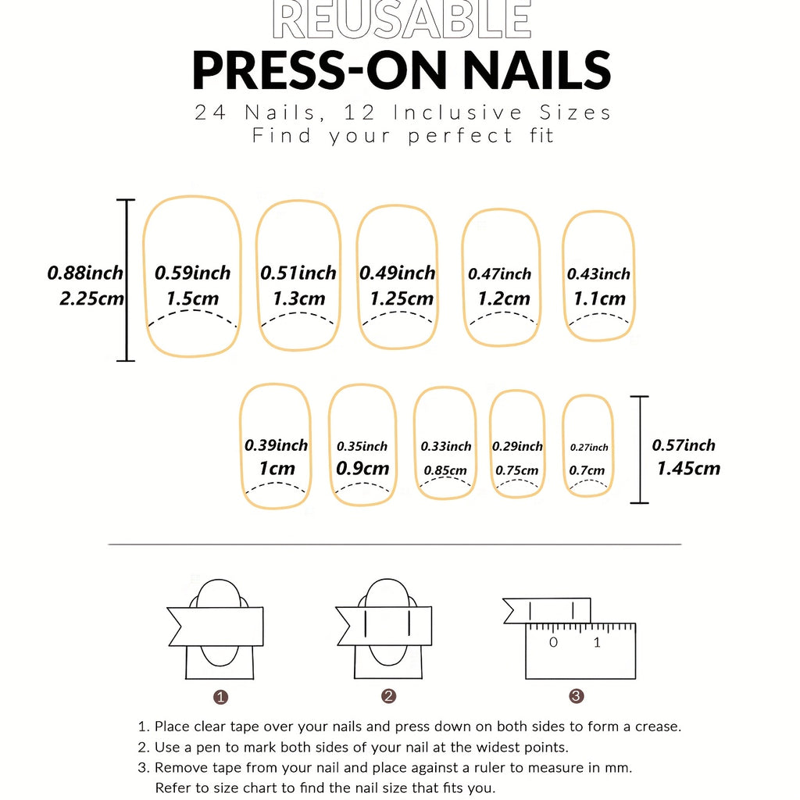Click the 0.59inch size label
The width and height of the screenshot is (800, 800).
point(192,273)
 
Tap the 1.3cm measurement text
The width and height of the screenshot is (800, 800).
point(299,298)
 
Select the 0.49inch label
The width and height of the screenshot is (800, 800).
point(397,273)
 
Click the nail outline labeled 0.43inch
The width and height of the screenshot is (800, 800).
point(598,234)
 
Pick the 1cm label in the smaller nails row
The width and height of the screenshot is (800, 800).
point(277,469)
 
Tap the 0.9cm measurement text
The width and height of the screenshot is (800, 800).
point(362,469)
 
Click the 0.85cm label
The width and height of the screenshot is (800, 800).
point(445,470)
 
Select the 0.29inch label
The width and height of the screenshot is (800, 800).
point(517,447)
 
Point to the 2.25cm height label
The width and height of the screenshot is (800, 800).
point(91,298)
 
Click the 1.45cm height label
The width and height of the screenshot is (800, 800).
point(688,469)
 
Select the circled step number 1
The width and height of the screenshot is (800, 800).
point(221,696)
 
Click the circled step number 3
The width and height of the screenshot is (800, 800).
point(577,696)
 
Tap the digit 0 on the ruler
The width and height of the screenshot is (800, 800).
point(553,643)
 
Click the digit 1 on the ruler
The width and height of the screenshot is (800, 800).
point(598,643)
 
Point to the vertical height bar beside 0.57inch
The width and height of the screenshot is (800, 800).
point(639,449)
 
